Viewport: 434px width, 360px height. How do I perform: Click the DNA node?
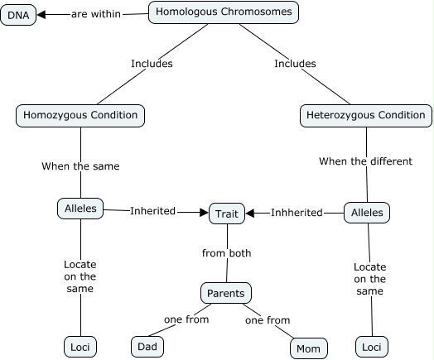click(x=18, y=14)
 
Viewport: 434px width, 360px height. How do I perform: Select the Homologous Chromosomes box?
click(x=224, y=12)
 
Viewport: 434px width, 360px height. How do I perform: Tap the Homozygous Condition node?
click(x=80, y=115)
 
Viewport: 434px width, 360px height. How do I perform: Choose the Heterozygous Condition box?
click(x=365, y=116)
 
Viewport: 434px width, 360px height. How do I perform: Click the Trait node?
click(x=226, y=214)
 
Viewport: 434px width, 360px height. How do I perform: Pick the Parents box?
click(x=226, y=293)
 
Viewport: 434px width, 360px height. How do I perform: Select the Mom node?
click(x=308, y=348)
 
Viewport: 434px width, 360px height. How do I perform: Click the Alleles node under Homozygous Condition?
click(x=80, y=209)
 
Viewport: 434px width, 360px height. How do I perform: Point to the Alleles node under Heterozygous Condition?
click(x=367, y=213)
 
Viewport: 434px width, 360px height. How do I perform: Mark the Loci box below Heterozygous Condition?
click(x=370, y=348)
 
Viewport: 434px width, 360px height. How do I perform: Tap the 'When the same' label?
click(x=80, y=166)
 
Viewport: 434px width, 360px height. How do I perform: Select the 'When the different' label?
click(x=365, y=161)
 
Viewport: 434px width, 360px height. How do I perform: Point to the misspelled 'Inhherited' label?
click(x=297, y=213)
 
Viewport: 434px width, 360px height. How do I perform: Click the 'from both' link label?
click(x=226, y=253)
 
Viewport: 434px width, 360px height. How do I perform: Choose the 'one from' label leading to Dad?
click(x=186, y=319)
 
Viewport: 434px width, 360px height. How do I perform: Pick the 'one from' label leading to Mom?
click(x=267, y=319)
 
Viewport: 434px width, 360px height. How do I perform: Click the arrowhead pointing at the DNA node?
click(x=41, y=14)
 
